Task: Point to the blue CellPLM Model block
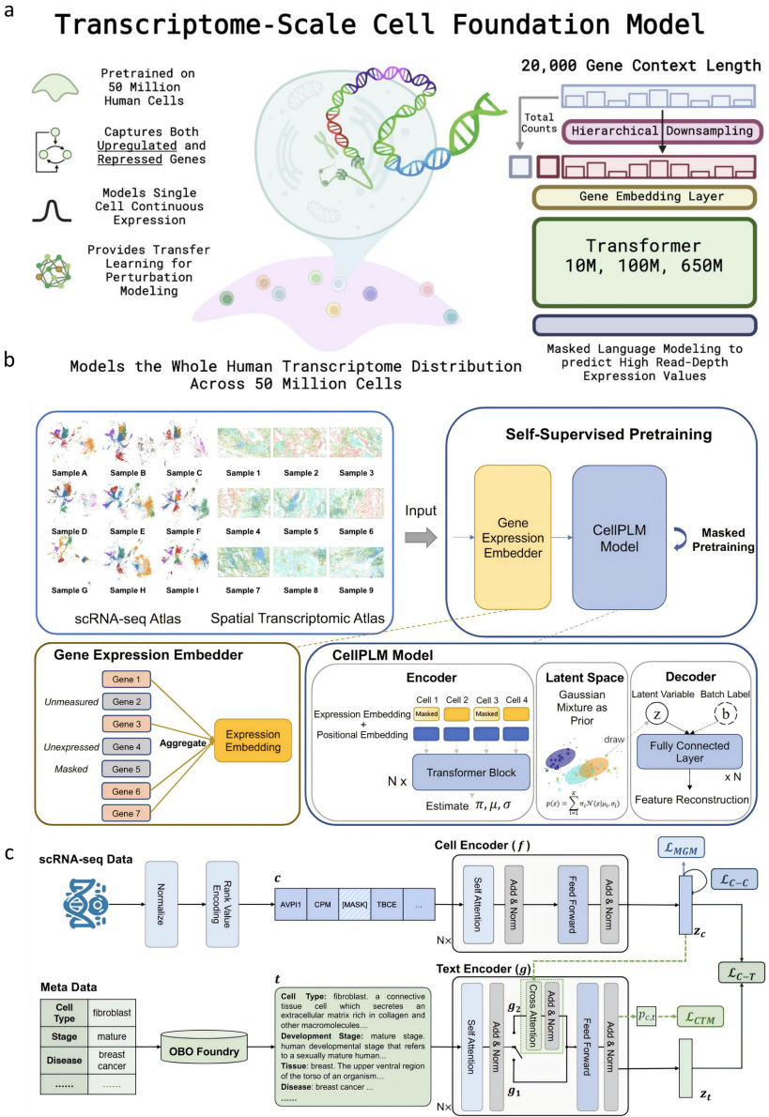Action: pyautogui.click(x=619, y=530)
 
